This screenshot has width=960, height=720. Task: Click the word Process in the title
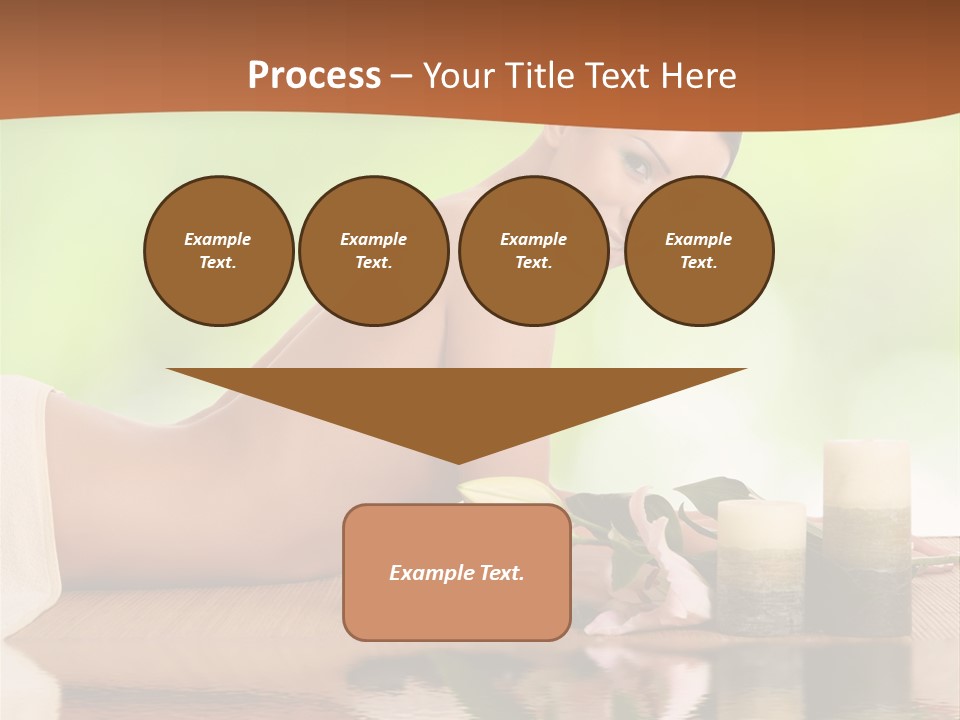[x=314, y=76]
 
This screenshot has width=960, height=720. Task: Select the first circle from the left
[x=218, y=251]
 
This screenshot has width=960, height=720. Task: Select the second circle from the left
[x=373, y=251]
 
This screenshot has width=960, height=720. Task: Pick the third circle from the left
[x=533, y=251]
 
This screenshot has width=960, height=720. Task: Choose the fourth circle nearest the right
[x=698, y=251]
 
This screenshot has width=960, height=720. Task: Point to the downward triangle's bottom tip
[x=457, y=461]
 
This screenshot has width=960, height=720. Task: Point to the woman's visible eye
[x=637, y=165]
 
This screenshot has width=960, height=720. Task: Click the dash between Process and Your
[x=402, y=77]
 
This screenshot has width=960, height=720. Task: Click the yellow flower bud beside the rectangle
[x=500, y=491]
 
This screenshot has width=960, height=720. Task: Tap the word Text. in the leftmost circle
[x=218, y=263]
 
